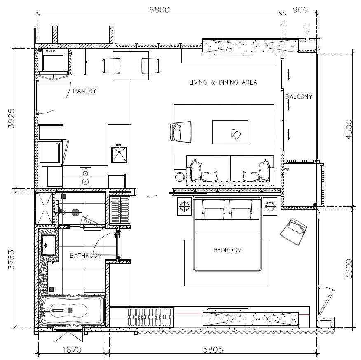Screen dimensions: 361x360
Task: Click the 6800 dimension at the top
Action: [x=159, y=9]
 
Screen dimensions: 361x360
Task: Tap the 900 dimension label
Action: [x=300, y=9]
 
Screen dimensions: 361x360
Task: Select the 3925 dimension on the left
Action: [x=11, y=118]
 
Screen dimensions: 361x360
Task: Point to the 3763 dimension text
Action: [x=11, y=259]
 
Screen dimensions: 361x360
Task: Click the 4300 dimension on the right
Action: [x=349, y=129]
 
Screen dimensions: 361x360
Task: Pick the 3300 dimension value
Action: [x=349, y=269]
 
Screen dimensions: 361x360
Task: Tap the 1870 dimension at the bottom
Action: [x=72, y=350]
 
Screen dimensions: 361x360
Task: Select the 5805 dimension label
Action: [x=213, y=350]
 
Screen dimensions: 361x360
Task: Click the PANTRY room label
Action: [x=85, y=91]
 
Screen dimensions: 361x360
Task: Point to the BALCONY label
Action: [x=299, y=96]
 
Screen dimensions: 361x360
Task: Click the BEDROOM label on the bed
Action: [x=227, y=250]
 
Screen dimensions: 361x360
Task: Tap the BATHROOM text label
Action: [x=86, y=256]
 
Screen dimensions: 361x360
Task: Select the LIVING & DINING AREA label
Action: [x=223, y=82]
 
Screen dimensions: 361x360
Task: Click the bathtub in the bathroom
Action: [x=73, y=310]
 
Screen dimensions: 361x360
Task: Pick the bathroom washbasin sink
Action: [x=48, y=245]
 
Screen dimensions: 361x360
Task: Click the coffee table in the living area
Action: [x=230, y=132]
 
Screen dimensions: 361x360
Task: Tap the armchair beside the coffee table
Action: [x=181, y=132]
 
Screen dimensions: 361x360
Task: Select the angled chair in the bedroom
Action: [x=293, y=231]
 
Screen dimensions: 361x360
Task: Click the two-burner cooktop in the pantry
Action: [x=85, y=176]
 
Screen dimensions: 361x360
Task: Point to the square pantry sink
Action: [x=119, y=154]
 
